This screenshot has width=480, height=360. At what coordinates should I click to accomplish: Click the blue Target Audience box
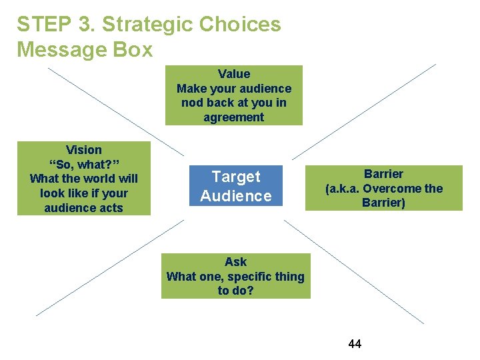point(236,186)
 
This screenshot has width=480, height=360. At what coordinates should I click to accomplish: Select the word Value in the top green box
point(234,74)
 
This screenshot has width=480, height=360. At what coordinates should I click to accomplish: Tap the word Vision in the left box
point(84,150)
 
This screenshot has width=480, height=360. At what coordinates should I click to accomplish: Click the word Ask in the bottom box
point(235,262)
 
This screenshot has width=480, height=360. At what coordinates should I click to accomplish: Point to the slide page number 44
point(355,344)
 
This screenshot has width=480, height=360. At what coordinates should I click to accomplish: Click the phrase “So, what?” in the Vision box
point(84,165)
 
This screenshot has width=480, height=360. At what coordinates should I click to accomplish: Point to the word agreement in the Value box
point(234,117)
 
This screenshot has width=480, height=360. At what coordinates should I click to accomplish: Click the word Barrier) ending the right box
point(383,203)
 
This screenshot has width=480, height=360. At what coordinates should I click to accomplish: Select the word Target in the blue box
point(236,177)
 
